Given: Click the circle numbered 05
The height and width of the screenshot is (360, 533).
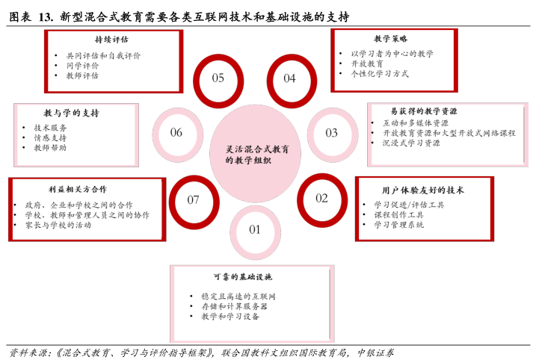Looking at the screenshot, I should pos(218,78).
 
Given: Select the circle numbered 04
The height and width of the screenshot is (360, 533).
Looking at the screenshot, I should pos(289,78).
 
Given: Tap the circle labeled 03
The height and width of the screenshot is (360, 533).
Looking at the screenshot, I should pos(331,133).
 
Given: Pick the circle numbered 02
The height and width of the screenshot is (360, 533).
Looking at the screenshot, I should pos(321,198).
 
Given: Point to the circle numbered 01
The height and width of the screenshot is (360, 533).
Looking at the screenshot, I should pos(255,230).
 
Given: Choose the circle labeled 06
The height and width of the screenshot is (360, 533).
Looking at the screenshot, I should pos(176,133).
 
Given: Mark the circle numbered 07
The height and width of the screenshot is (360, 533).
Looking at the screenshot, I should pos(194,199).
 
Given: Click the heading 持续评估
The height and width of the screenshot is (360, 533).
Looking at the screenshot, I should pos(111,40).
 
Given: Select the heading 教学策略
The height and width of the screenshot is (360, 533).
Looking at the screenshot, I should pos(391,39).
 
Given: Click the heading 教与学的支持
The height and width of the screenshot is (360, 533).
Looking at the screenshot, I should pos(71,113).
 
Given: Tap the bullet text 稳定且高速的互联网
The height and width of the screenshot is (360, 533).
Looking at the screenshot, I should pos(238,296).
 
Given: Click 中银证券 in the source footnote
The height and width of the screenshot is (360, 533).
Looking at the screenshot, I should pos(375,352).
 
